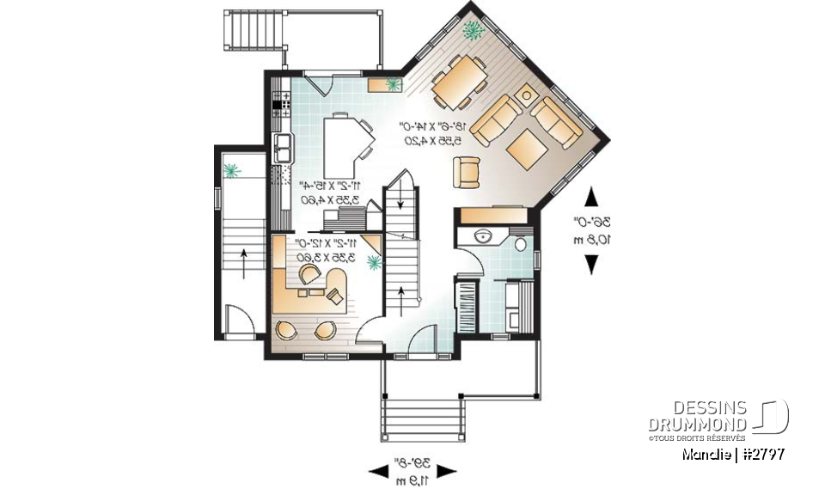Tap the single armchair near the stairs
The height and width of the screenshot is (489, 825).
pyautogui.click(x=466, y=172)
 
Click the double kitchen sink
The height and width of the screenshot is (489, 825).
pyautogui.click(x=282, y=147)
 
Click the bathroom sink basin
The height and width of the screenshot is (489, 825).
pyautogui.click(x=480, y=236)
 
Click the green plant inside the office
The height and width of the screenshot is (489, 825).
pyautogui.click(x=373, y=262)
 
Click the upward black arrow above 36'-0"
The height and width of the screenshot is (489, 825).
pyautogui.click(x=591, y=198)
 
